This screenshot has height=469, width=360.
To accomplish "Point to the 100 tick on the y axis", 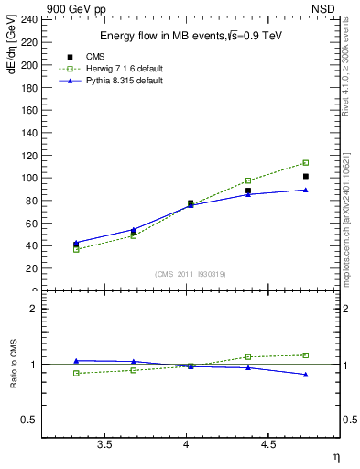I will pyautogui.click(x=29, y=178).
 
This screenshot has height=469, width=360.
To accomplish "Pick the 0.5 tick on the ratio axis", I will pyautogui.click(x=29, y=420).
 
